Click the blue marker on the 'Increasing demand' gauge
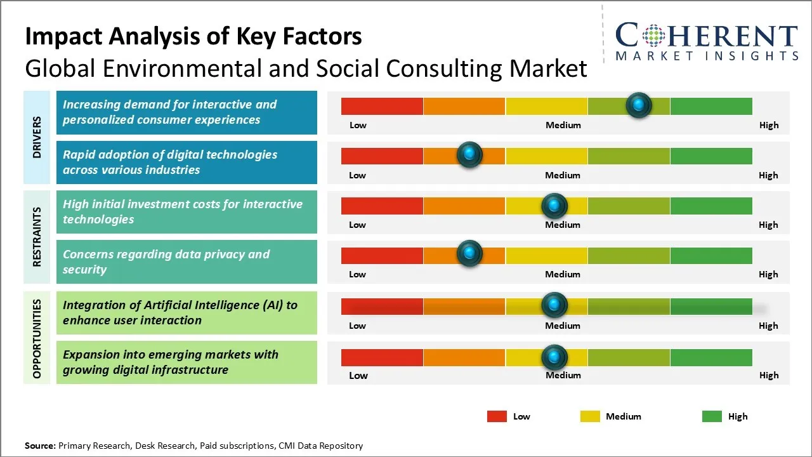(x=639, y=105)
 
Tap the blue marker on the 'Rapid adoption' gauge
(x=469, y=155)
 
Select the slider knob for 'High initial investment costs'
(x=554, y=206)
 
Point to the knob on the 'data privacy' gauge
(x=469, y=254)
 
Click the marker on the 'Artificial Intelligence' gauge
(x=554, y=305)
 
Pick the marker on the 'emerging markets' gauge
(x=554, y=357)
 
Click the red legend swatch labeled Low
(x=497, y=416)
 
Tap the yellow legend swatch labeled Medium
(x=590, y=416)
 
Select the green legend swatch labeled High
(x=712, y=416)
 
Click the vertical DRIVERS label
(x=37, y=137)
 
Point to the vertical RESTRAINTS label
(x=37, y=237)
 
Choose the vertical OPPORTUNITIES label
(x=37, y=338)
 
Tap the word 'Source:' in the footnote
(x=40, y=446)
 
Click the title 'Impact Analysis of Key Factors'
(x=193, y=37)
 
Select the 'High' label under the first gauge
(x=768, y=125)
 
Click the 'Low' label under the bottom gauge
(x=358, y=375)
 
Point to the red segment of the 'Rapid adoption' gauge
(x=382, y=156)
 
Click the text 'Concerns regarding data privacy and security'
(x=166, y=262)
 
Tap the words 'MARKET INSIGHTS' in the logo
(x=707, y=56)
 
